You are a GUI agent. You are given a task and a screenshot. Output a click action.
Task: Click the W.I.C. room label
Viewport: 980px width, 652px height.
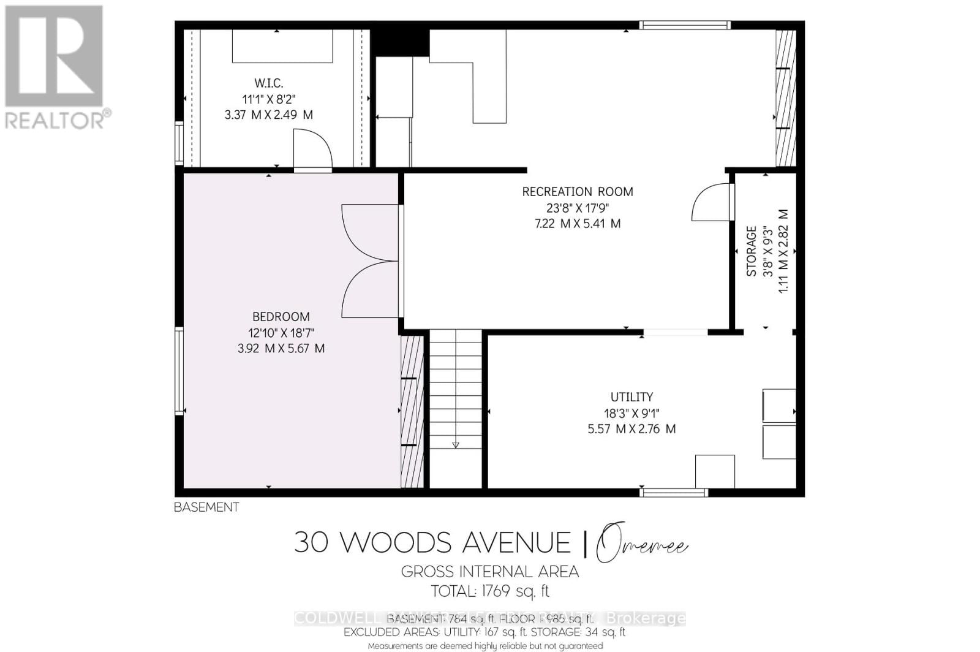(x=268, y=83)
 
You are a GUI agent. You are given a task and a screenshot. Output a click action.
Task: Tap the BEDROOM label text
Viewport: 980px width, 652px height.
(x=281, y=317)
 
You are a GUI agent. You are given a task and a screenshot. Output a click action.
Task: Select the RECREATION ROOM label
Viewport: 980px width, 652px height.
(x=577, y=192)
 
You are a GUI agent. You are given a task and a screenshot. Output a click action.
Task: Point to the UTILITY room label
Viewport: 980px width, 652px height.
(x=631, y=396)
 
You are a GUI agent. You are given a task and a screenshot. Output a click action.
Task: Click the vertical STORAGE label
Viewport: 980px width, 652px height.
(x=752, y=251)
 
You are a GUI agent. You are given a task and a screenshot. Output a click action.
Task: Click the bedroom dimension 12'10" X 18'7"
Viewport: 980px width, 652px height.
(x=281, y=333)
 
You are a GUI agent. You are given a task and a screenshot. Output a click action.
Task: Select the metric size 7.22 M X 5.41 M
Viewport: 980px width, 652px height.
(x=577, y=224)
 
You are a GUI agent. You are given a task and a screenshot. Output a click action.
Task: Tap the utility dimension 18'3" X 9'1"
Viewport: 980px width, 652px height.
(x=631, y=412)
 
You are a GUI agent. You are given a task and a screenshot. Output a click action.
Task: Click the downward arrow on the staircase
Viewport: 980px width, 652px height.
(x=455, y=445)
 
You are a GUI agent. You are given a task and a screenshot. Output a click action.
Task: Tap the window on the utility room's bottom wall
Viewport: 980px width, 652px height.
(x=674, y=492)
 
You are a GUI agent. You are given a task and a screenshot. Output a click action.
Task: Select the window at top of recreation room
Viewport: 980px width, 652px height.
(x=685, y=25)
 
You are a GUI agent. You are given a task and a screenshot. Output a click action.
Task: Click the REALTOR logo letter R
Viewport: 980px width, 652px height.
(x=54, y=56)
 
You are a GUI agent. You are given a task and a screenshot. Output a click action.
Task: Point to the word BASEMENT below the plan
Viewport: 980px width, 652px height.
(x=206, y=507)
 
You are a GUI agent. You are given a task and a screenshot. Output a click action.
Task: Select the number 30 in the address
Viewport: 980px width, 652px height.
(x=311, y=542)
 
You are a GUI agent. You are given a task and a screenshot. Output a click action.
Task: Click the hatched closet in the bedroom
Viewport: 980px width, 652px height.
(x=412, y=411)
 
